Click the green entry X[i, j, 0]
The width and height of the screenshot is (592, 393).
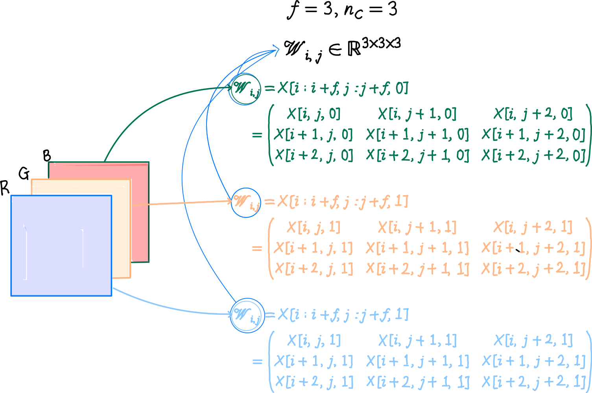click(314, 114)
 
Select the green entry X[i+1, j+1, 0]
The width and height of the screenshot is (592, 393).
click(417, 135)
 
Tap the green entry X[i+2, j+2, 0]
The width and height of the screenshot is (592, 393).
click(534, 156)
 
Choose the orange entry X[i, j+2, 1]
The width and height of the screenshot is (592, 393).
click(533, 227)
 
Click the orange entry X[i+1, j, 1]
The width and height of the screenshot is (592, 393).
click(313, 248)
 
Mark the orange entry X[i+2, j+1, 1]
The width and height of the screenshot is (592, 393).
click(417, 269)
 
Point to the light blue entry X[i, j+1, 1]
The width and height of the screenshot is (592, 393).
click(417, 341)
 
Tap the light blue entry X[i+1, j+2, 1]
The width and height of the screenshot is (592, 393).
click(534, 361)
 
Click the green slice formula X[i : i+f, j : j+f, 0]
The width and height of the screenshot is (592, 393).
click(343, 88)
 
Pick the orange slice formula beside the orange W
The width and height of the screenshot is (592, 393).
click(343, 201)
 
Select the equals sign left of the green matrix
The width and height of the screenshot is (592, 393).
click(257, 135)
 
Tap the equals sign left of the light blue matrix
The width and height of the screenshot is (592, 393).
click(257, 362)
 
